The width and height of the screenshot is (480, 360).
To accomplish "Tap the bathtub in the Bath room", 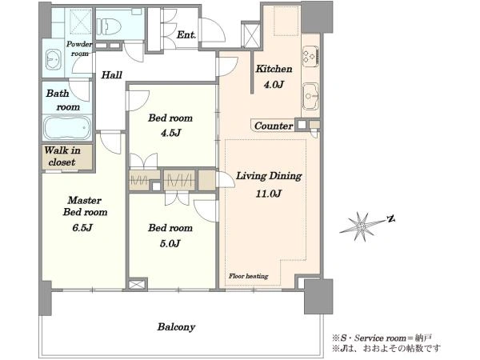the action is [x=67, y=128].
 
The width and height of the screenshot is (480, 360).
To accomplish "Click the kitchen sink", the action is [x=310, y=96].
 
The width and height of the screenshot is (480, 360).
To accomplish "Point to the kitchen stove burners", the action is [x=310, y=56].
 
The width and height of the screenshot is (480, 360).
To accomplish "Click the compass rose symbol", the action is [x=362, y=226].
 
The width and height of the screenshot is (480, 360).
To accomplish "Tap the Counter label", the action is [x=274, y=126].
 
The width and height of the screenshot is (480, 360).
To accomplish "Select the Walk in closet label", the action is [x=62, y=156].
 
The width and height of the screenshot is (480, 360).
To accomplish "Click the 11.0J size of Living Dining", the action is [x=269, y=194].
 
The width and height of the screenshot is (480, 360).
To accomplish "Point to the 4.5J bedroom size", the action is [x=170, y=133].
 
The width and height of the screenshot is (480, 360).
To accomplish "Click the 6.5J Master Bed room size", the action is [x=82, y=228].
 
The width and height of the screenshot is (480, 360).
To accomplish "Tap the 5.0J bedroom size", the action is [x=170, y=243].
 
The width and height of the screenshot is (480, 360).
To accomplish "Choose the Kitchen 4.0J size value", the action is [x=274, y=84].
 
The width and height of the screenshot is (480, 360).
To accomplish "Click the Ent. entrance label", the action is [x=186, y=35].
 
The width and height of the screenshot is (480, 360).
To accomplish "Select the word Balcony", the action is [x=176, y=327].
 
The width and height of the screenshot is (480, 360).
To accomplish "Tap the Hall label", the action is [x=112, y=74].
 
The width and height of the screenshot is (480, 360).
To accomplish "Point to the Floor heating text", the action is [x=248, y=276].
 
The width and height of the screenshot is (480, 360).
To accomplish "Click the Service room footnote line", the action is [x=382, y=338].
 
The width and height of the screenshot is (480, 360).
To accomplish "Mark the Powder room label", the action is [x=79, y=49].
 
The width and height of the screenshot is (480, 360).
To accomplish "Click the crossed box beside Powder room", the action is [x=81, y=21].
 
